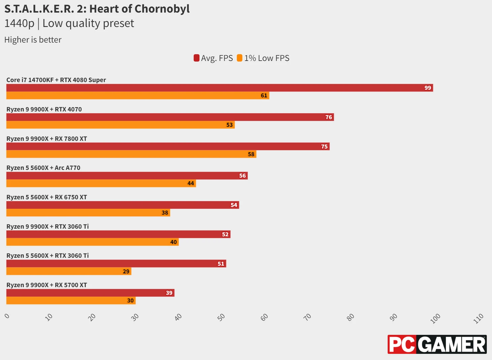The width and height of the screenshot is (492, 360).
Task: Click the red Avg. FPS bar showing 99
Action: [x=219, y=88]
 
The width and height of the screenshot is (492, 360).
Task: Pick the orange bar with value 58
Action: [x=131, y=154]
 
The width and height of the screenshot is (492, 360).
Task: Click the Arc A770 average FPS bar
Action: [x=127, y=176]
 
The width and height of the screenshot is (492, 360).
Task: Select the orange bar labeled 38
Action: [x=88, y=213]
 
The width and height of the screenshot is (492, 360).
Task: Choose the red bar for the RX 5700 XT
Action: [x=90, y=293]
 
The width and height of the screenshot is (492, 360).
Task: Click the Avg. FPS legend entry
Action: [x=213, y=58]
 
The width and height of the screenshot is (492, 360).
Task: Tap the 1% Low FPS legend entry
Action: [x=263, y=58]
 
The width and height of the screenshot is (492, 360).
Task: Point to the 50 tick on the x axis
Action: [x=221, y=317]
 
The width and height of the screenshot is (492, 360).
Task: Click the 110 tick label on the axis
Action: [x=479, y=318]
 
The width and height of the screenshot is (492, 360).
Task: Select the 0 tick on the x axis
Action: [x=7, y=316]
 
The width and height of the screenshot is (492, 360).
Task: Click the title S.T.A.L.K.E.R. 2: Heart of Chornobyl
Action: [x=97, y=9]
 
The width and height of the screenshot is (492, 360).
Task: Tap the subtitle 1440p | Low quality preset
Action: [x=69, y=23]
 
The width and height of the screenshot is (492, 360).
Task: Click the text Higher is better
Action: [x=33, y=40]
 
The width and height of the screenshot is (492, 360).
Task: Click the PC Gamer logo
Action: [x=437, y=344]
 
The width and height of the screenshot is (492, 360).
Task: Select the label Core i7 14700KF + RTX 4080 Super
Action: [x=56, y=80]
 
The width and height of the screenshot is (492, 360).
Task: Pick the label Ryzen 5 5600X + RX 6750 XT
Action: [x=47, y=197]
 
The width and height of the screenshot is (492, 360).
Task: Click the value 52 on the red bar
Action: [x=225, y=234]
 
